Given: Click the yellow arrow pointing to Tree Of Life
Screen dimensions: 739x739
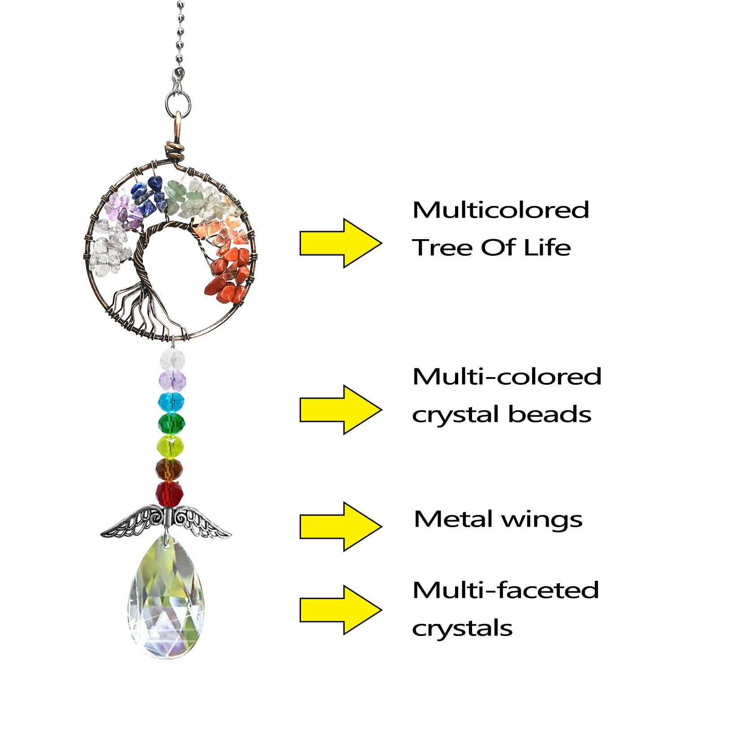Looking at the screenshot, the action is pyautogui.click(x=340, y=243).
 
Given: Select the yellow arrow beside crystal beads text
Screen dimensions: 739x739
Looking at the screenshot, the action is pyautogui.click(x=340, y=410).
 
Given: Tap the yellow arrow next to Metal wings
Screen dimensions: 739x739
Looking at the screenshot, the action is pyautogui.click(x=340, y=526).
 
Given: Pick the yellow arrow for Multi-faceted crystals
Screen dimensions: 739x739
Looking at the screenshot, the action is pyautogui.click(x=340, y=610).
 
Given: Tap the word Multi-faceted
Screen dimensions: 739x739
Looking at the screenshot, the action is pyautogui.click(x=506, y=590).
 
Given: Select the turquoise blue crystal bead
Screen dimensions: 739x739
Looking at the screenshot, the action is pyautogui.click(x=171, y=402).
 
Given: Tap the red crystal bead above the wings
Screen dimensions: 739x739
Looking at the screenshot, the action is pyautogui.click(x=170, y=493).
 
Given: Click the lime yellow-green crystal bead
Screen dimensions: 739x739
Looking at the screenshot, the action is pyautogui.click(x=170, y=446).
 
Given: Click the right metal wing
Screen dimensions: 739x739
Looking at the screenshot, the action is pyautogui.click(x=202, y=521).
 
